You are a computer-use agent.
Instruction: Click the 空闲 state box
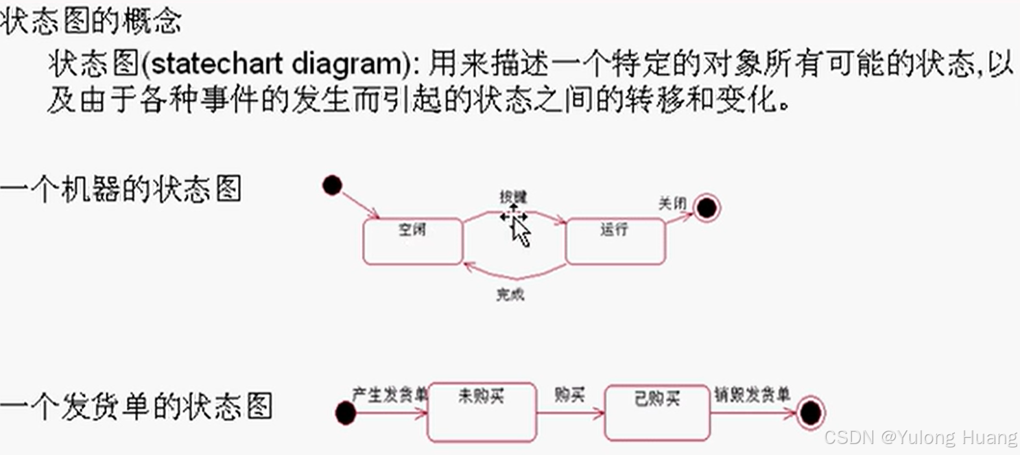click(412, 241)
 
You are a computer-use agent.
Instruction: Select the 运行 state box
click(615, 241)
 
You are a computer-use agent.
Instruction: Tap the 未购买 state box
click(482, 412)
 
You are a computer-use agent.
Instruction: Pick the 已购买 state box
click(656, 411)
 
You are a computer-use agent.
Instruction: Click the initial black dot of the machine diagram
click(332, 185)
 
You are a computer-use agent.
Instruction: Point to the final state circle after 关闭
click(707, 207)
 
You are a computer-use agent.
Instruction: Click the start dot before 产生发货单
click(345, 413)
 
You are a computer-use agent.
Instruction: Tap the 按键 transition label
click(513, 197)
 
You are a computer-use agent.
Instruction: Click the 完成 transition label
click(510, 295)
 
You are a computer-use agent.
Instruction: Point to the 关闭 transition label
click(672, 203)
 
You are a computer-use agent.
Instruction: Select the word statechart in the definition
click(215, 65)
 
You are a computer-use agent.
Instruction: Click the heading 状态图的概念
click(91, 22)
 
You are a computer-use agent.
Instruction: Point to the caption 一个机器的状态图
click(121, 190)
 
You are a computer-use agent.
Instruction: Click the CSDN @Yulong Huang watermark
click(921, 437)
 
